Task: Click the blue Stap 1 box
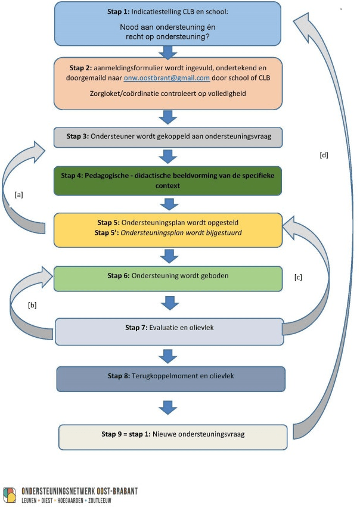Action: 167,24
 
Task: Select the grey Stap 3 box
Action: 167,138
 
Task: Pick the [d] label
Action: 324,155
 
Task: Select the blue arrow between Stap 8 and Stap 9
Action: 169,409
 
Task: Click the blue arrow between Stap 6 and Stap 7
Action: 170,304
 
